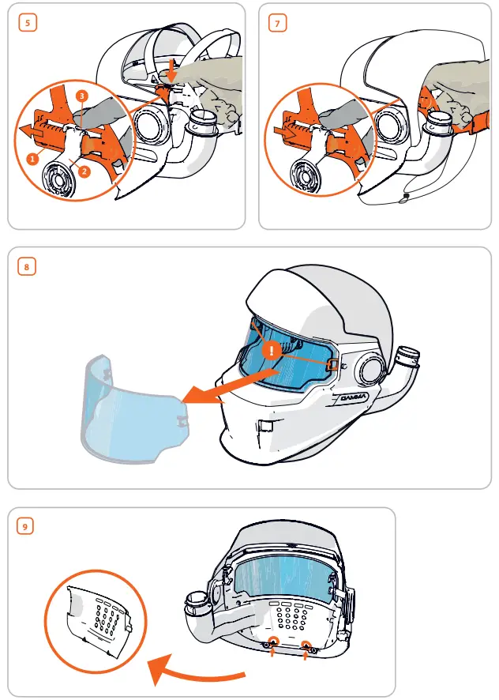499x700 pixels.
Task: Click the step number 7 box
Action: pyautogui.click(x=278, y=23)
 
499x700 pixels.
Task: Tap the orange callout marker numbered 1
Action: pyautogui.click(x=32, y=158)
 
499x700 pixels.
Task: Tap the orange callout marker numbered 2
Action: pyautogui.click(x=84, y=169)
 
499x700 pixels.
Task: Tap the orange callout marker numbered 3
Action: pyautogui.click(x=81, y=96)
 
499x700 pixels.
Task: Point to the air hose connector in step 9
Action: pyautogui.click(x=196, y=604)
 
